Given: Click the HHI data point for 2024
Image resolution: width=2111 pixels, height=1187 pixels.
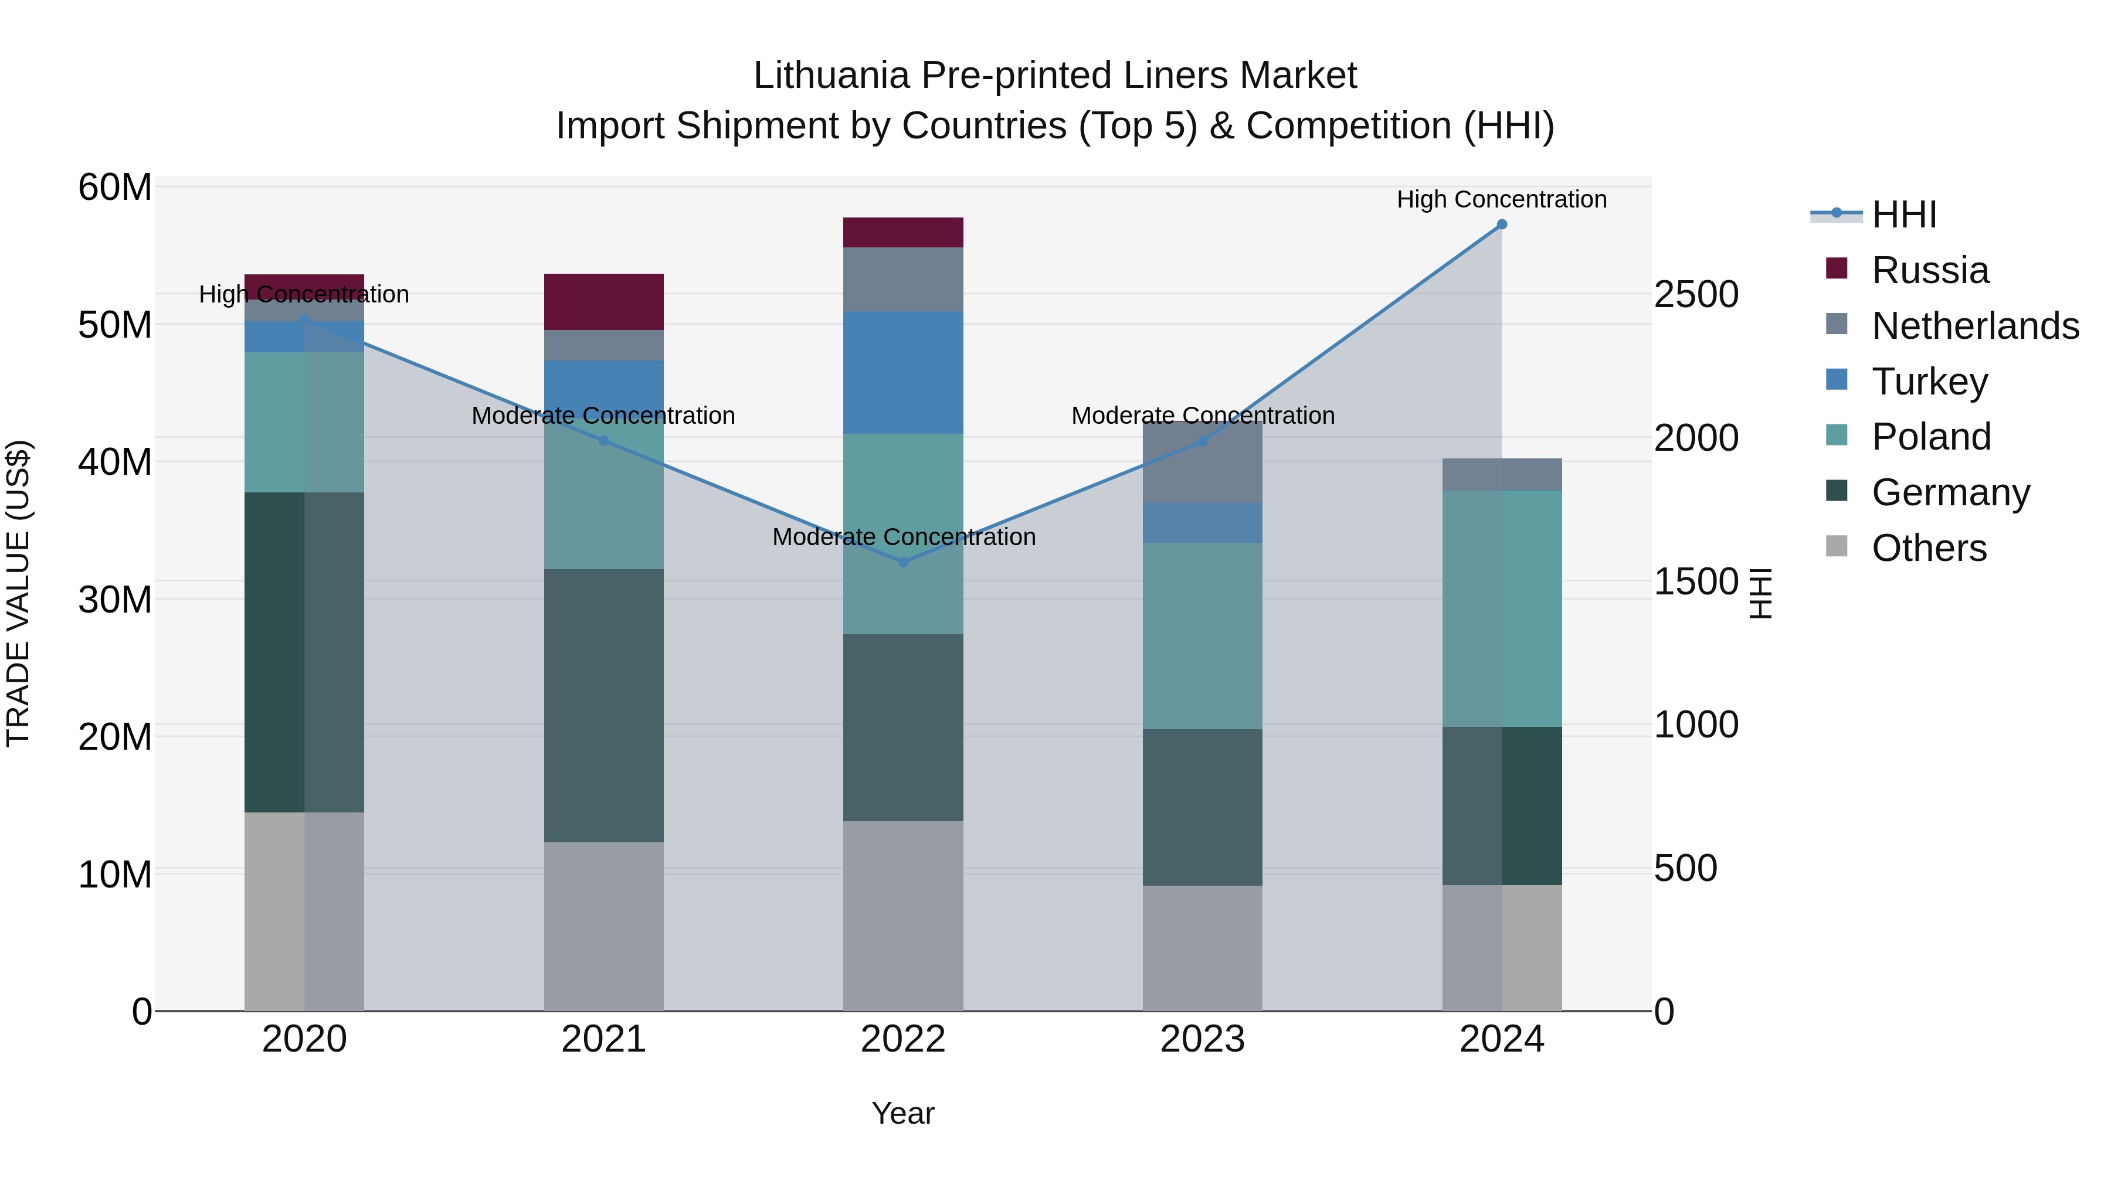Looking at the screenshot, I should tap(1501, 225).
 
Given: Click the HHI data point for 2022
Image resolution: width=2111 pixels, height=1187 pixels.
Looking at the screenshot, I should tap(903, 562).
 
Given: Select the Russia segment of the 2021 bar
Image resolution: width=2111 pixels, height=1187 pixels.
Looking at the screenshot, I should tap(603, 301).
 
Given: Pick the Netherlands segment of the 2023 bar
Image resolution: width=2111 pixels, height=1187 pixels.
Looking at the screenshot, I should tap(1202, 462).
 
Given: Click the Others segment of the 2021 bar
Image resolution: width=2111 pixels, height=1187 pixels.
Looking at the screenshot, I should tap(603, 926).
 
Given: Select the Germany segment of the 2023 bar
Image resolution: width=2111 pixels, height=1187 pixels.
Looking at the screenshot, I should tap(1202, 807).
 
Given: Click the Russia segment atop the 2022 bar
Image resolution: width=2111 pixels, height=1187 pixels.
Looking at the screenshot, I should tap(903, 232).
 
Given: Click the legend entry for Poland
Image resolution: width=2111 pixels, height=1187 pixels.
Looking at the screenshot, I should tap(1931, 437).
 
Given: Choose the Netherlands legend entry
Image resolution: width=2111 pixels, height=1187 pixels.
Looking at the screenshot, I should tap(1975, 326).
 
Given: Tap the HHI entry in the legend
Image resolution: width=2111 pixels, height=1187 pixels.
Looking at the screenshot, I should tap(1903, 215).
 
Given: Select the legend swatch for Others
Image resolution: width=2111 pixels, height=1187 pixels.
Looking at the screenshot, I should tap(1837, 546).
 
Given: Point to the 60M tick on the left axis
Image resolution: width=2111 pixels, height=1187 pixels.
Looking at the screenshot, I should tap(115, 188).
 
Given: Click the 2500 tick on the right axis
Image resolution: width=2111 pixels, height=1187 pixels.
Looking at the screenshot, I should tap(1695, 295).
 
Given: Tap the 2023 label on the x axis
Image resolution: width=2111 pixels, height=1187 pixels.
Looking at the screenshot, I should tap(1202, 1039).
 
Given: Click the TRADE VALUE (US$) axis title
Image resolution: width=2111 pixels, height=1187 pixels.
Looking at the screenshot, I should tap(18, 593).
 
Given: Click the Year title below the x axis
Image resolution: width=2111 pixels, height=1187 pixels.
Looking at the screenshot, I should tap(903, 1113).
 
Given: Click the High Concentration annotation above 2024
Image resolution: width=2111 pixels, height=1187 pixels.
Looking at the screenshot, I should tap(1501, 199).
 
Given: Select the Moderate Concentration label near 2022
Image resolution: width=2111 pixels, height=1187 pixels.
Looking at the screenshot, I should tap(903, 536).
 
